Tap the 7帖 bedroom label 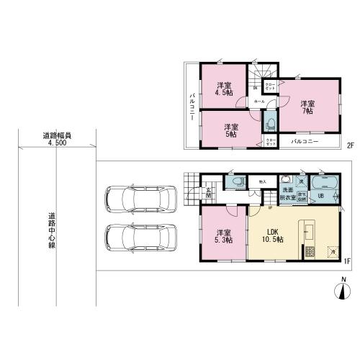(307, 107)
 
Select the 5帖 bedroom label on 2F (230, 129)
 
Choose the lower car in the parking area (140, 236)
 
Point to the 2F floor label (351, 145)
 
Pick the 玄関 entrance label (207, 193)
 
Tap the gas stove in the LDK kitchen (310, 253)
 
